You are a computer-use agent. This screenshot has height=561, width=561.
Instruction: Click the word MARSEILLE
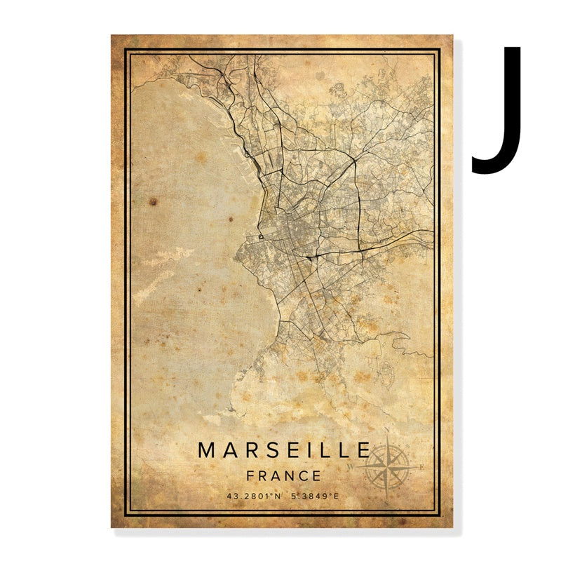[x=284, y=450]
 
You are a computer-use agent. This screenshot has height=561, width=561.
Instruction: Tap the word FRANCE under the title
[x=284, y=475]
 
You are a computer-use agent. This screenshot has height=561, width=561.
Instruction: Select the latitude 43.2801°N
[x=254, y=496]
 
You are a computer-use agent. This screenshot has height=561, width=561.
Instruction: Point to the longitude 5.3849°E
[x=313, y=496]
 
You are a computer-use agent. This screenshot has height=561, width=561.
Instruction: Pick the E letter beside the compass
[x=421, y=466]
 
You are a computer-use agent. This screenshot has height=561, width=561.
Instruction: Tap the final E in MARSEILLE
[x=363, y=450]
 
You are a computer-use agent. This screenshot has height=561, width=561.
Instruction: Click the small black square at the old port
[x=261, y=237]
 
